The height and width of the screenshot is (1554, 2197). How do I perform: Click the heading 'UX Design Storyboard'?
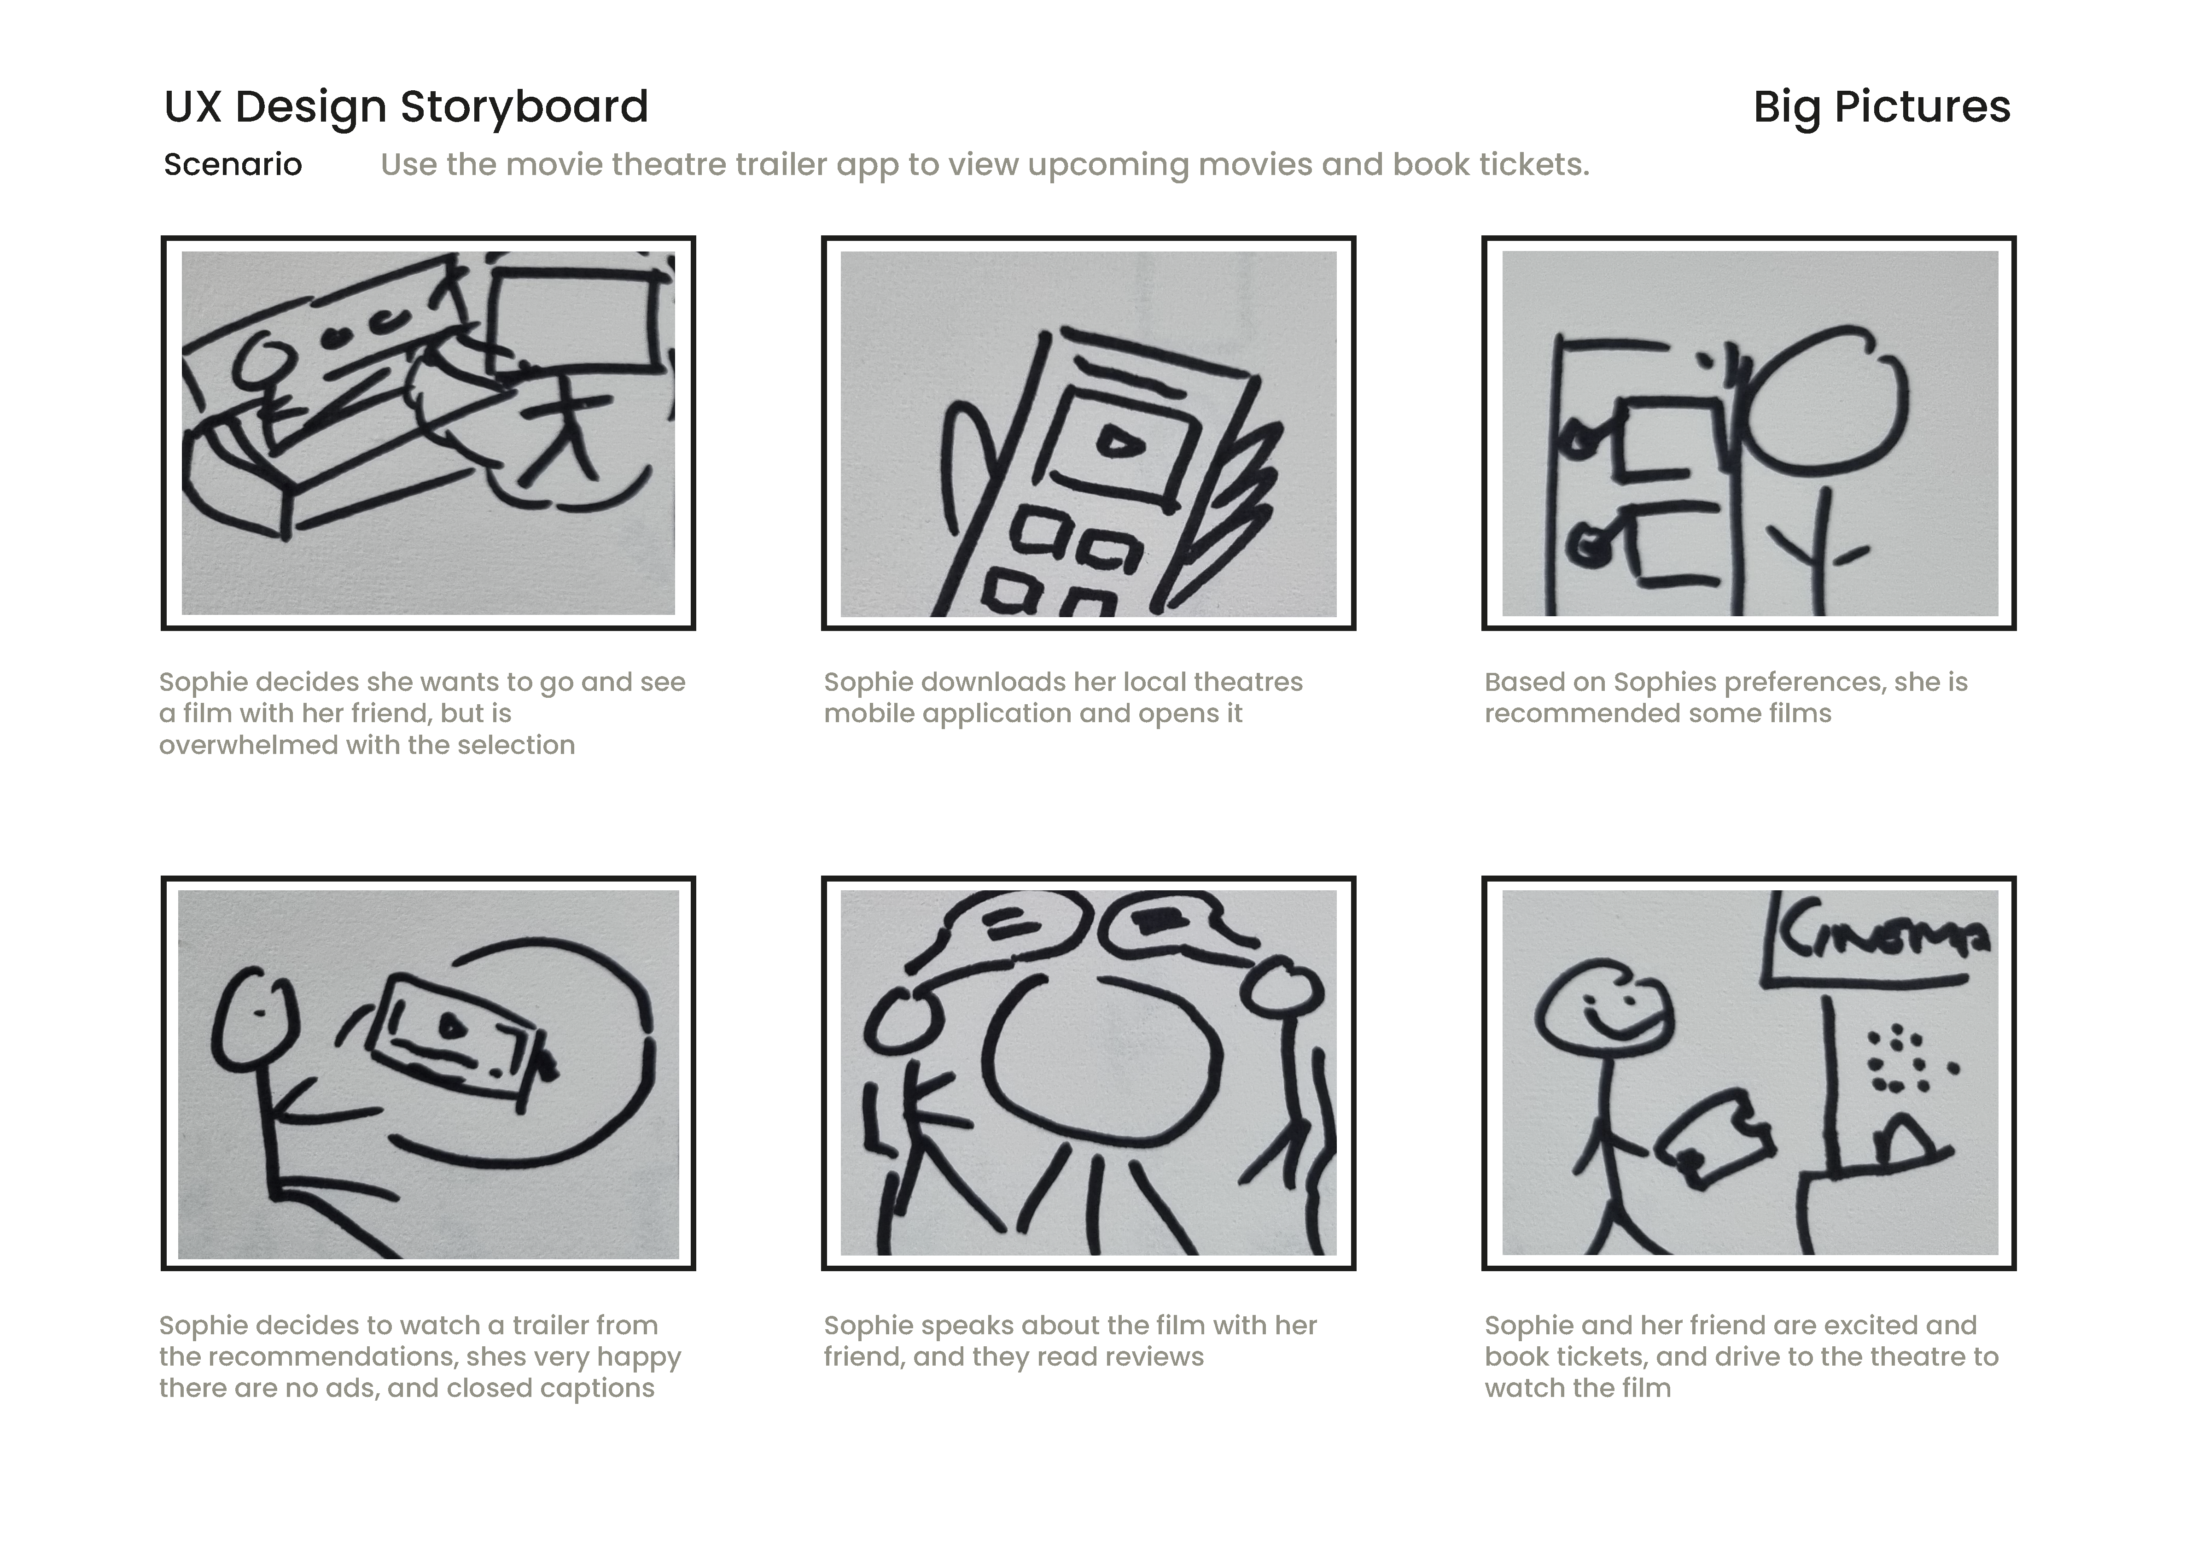coord(406,107)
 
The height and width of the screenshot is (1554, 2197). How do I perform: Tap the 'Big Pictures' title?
coord(1881,107)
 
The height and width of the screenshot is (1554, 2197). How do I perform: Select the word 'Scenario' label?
coord(233,164)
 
